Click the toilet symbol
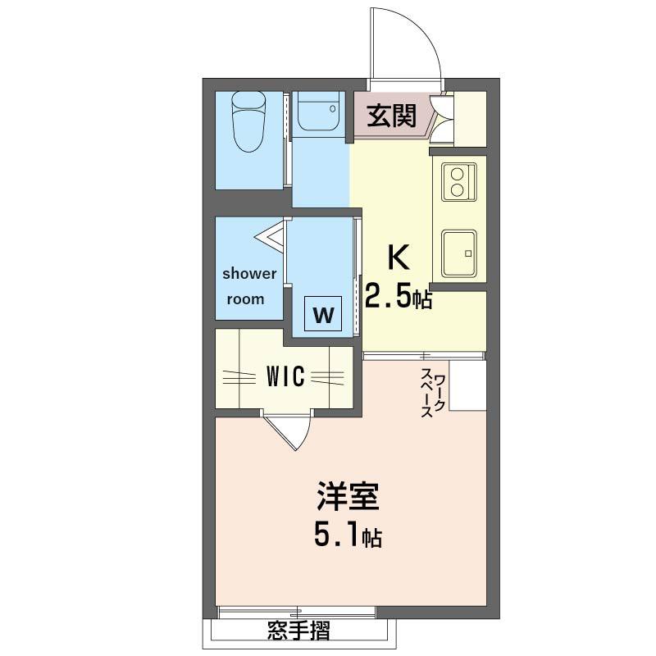[248, 121]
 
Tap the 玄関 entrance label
[391, 116]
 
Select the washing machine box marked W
[323, 314]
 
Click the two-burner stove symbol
[459, 181]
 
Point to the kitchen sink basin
[459, 253]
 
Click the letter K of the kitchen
[399, 257]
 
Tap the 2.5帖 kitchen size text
[399, 296]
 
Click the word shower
[249, 274]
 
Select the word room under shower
[245, 299]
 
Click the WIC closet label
[285, 376]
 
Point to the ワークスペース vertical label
[433, 393]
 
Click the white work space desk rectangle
[467, 385]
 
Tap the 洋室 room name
[348, 497]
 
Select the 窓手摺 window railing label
[298, 631]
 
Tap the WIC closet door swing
[305, 435]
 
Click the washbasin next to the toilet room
[319, 113]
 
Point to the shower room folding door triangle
[270, 237]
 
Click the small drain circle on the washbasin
[333, 109]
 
